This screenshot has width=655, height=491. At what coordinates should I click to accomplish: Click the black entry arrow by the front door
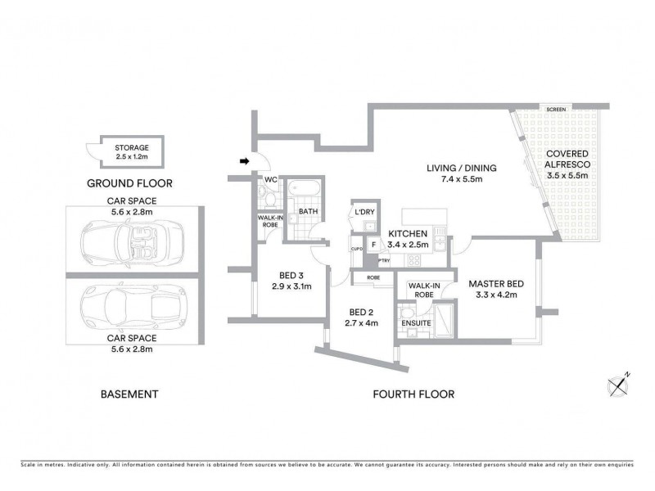point(244,162)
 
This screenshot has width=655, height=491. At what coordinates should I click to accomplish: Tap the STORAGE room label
point(132,148)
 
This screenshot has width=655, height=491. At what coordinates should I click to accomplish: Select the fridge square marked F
point(373,244)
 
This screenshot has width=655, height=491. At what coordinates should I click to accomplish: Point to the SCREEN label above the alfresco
point(558,109)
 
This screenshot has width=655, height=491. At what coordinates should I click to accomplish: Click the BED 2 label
point(361,312)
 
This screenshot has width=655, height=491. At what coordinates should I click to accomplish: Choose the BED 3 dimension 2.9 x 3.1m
point(288,286)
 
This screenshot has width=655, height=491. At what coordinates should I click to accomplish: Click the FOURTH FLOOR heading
point(413,394)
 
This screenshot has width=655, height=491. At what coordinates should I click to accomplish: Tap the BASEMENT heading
point(129,394)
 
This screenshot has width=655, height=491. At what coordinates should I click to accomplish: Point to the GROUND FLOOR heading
point(129,183)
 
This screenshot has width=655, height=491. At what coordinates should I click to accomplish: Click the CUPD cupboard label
point(355,249)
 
